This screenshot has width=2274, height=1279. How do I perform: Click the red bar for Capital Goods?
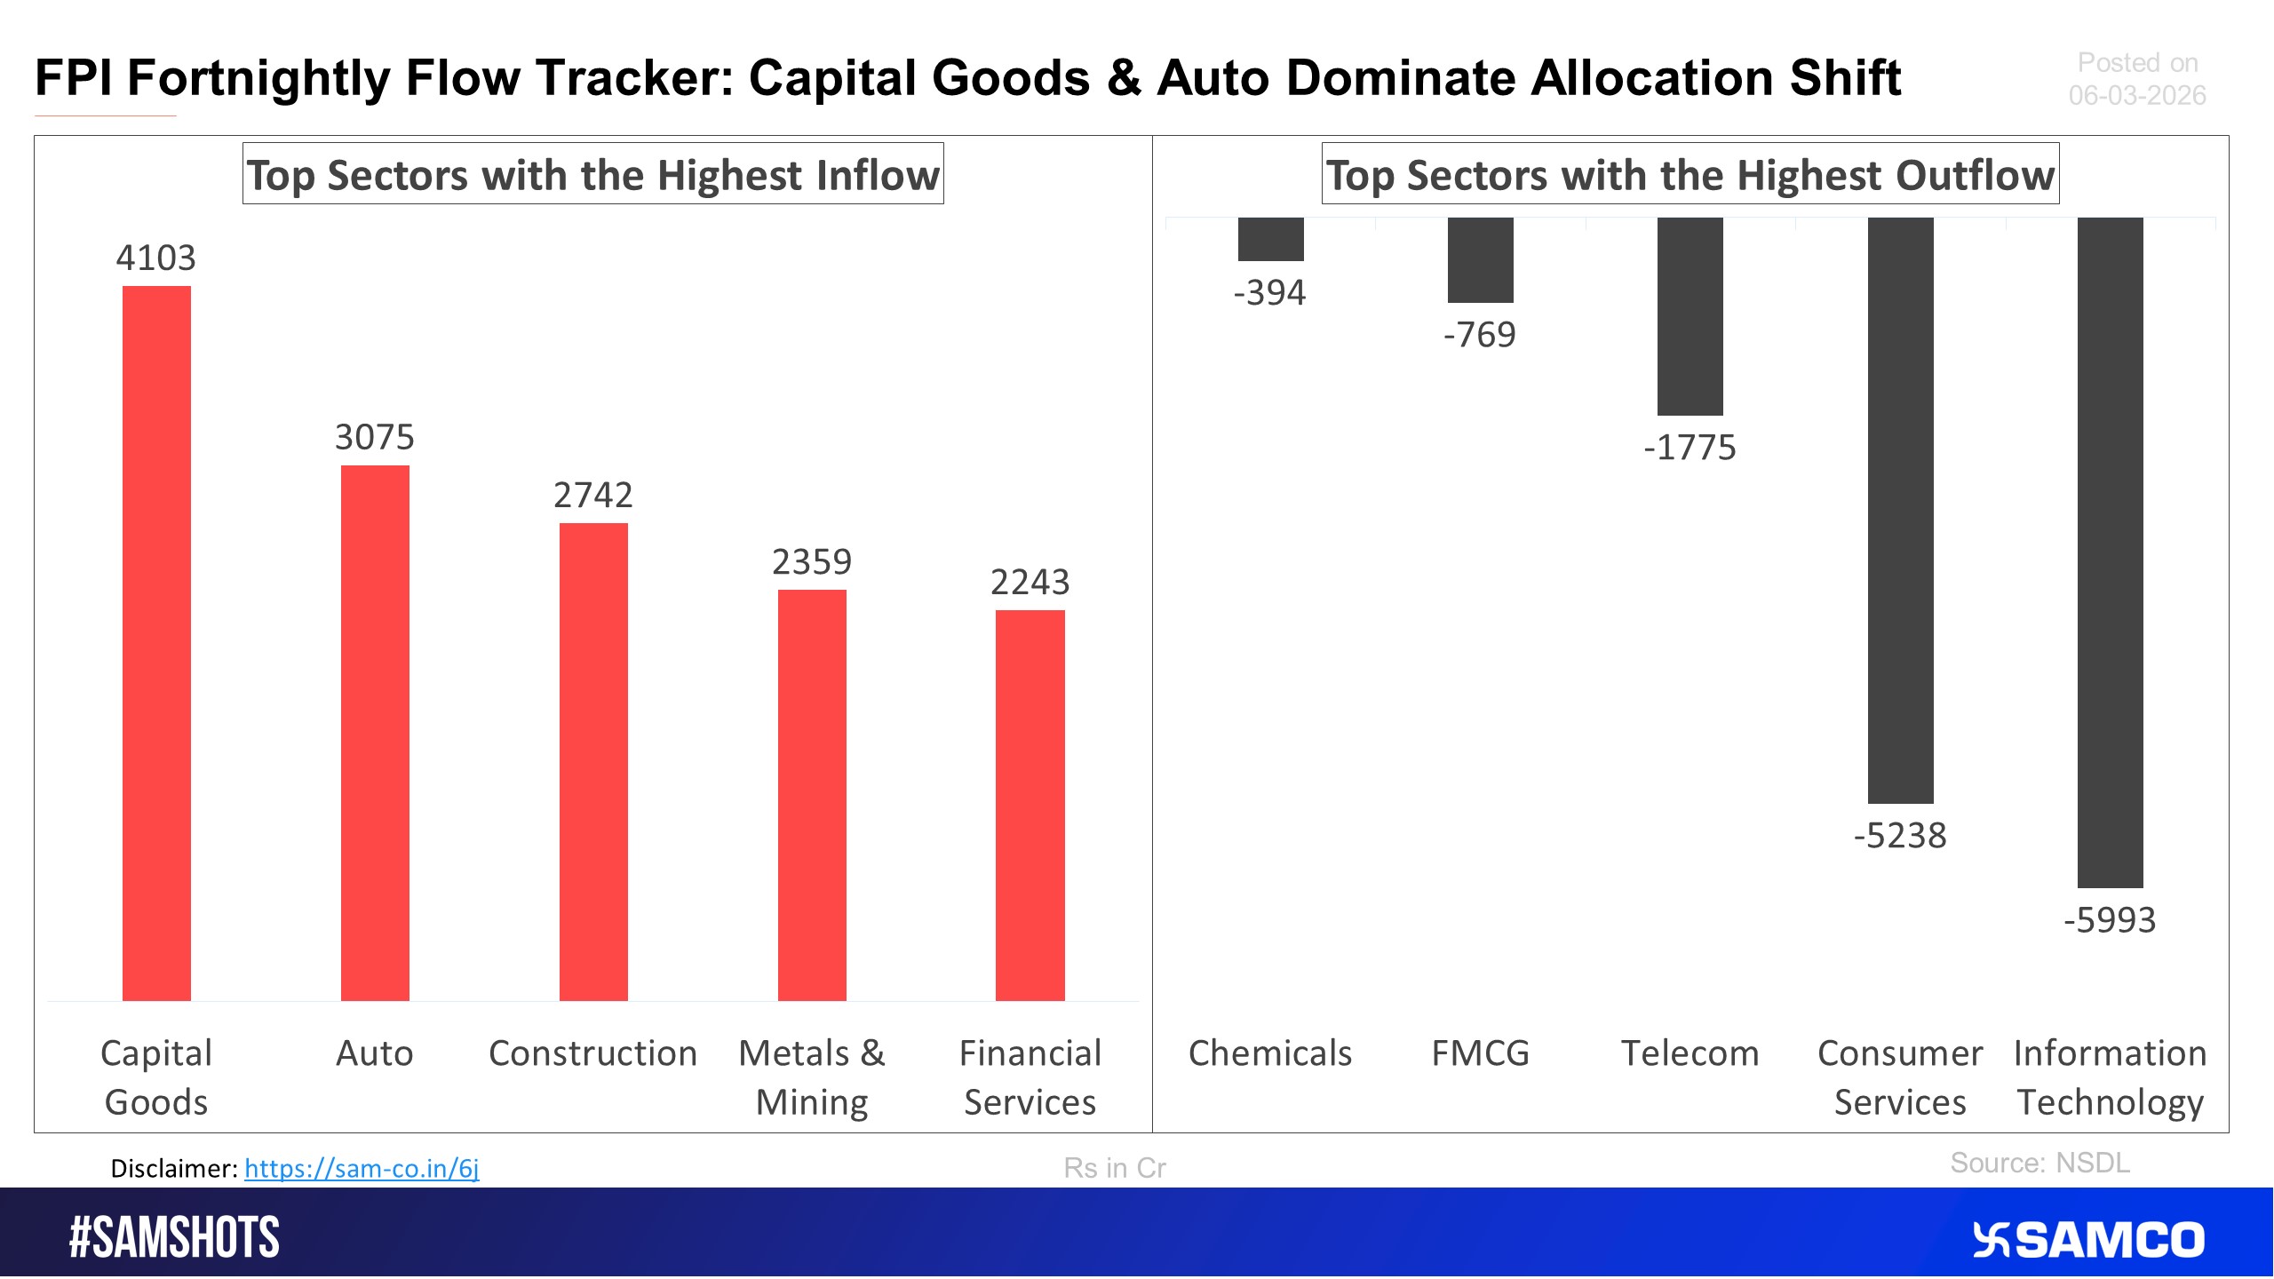pyautogui.click(x=156, y=643)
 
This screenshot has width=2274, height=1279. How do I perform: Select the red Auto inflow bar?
pyautogui.click(x=375, y=733)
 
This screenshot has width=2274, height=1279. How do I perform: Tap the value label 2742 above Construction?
pyautogui.click(x=592, y=495)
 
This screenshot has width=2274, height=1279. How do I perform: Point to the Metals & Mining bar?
pyautogui.click(x=812, y=795)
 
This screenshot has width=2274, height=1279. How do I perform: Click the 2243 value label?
pyautogui.click(x=1030, y=583)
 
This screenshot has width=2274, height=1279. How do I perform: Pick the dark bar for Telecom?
pyautogui.click(x=1690, y=316)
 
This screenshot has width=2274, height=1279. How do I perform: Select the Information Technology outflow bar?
pyautogui.click(x=2110, y=552)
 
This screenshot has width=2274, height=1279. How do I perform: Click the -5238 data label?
pyautogui.click(x=1900, y=836)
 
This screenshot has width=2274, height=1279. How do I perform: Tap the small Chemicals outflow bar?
pyautogui.click(x=1270, y=239)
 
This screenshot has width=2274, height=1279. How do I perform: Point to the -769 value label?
pyautogui.click(x=1480, y=335)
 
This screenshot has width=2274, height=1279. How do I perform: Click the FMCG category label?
pyautogui.click(x=1480, y=1053)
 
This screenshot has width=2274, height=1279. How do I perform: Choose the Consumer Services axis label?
pyautogui.click(x=1900, y=1077)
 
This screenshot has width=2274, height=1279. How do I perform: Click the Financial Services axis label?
pyautogui.click(x=1030, y=1077)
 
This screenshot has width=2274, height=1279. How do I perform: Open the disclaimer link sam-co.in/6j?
pyautogui.click(x=362, y=1168)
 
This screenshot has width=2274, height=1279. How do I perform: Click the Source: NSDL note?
pyautogui.click(x=2039, y=1163)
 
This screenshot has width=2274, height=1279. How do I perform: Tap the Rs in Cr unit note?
pyautogui.click(x=1114, y=1168)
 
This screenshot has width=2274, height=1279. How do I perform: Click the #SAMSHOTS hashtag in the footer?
pyautogui.click(x=174, y=1237)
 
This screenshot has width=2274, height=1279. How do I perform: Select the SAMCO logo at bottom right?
pyautogui.click(x=2087, y=1240)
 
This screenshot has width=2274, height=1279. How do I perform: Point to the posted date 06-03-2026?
pyautogui.click(x=2136, y=95)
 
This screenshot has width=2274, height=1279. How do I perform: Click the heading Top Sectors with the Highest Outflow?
pyautogui.click(x=1690, y=174)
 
